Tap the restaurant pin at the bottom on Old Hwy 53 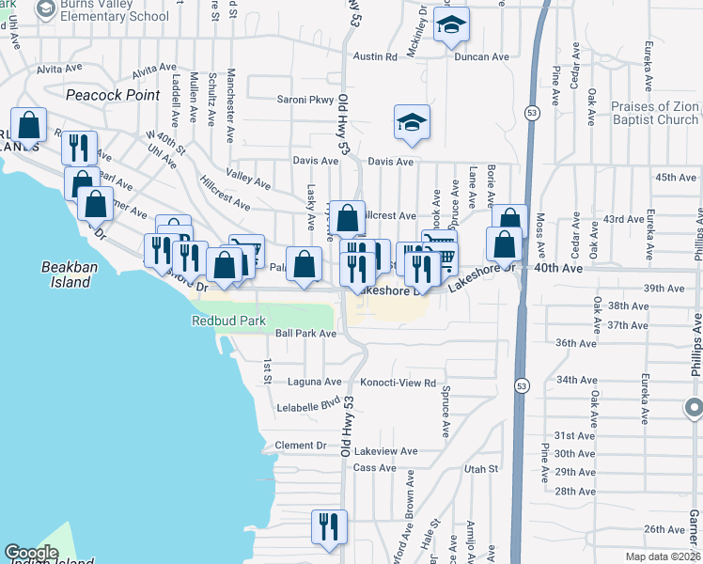click(329, 528)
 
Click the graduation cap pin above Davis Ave click(412, 123)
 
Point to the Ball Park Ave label click(305, 333)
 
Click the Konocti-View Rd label click(398, 383)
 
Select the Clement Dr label click(301, 445)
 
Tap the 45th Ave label click(678, 177)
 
